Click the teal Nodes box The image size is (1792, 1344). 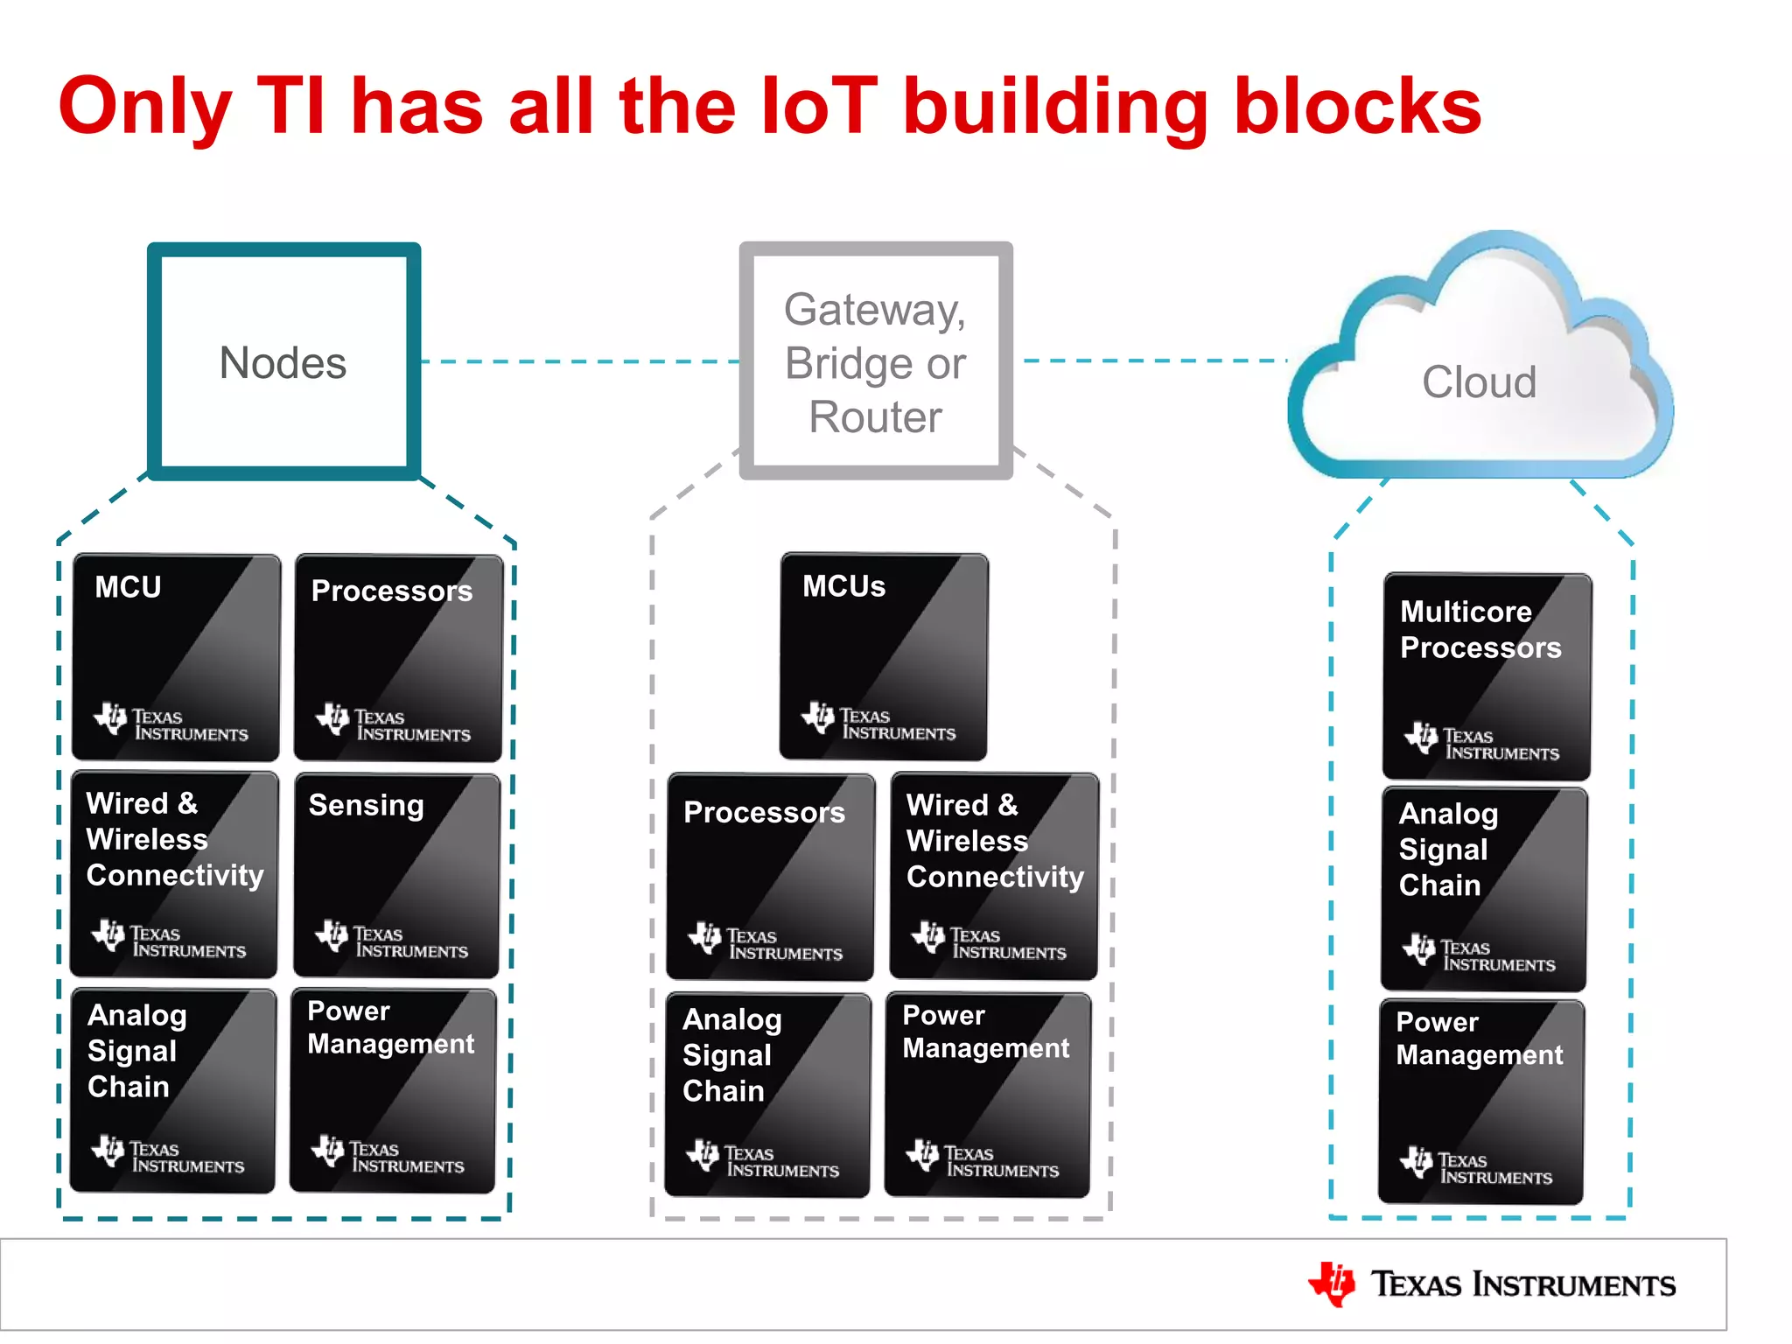point(283,361)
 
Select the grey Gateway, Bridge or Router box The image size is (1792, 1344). point(875,361)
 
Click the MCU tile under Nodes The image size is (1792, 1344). point(177,656)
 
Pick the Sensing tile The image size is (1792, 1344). point(397,874)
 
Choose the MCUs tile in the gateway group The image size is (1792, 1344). point(884,655)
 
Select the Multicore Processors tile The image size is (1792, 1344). point(1486,675)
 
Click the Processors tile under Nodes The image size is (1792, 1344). point(398,656)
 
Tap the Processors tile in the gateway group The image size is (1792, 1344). point(770,876)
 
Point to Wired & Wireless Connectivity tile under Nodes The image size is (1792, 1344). point(174,873)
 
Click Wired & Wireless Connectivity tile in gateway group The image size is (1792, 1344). point(994,875)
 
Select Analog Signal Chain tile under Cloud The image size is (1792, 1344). point(1484,888)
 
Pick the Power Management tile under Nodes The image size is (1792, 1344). point(393,1090)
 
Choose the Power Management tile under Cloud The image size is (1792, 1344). point(1481,1102)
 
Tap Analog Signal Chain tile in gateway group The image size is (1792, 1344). point(767,1095)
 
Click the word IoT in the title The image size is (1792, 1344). point(819,107)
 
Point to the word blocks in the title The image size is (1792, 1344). point(1357,107)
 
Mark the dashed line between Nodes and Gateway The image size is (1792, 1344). point(579,361)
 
